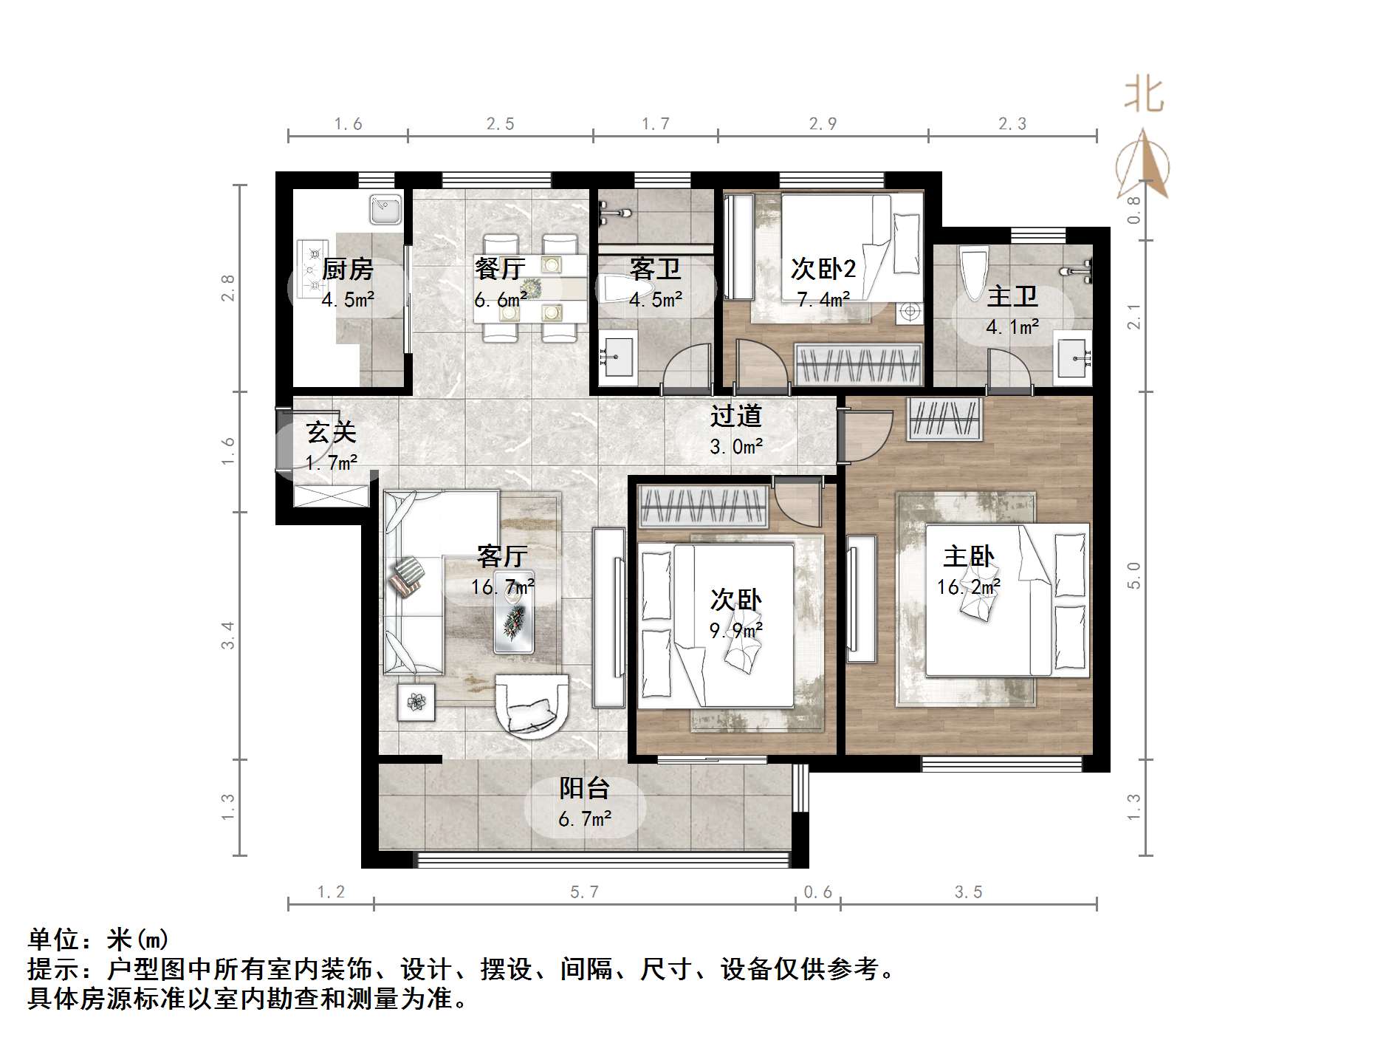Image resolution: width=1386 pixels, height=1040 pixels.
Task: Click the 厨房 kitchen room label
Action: (x=347, y=269)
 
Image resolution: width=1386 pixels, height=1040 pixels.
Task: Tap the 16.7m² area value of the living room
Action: (x=503, y=587)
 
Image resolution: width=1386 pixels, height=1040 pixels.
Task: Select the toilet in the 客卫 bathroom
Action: (x=625, y=290)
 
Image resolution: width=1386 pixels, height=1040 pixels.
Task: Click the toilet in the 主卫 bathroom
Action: (x=974, y=273)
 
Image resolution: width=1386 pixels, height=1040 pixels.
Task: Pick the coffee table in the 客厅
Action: (x=514, y=612)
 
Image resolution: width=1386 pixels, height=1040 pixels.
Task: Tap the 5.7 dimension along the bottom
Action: (x=584, y=892)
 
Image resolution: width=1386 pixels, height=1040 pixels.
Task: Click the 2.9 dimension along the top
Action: (x=823, y=124)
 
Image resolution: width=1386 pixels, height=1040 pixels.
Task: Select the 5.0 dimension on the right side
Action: (x=1134, y=575)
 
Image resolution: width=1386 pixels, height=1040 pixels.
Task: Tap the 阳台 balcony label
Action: (x=584, y=788)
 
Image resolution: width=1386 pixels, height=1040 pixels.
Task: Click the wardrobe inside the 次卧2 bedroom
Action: (x=859, y=364)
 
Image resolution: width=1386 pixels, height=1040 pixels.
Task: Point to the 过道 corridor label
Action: (x=735, y=416)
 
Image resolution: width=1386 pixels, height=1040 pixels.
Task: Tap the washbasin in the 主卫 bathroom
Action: (x=1072, y=359)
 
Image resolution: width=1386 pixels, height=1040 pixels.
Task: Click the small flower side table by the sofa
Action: (x=416, y=701)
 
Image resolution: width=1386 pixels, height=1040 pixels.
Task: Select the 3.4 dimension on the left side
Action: (x=228, y=635)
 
